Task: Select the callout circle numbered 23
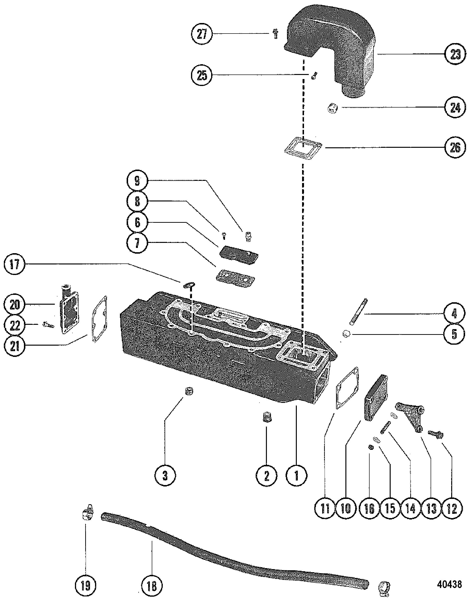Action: pyautogui.click(x=455, y=55)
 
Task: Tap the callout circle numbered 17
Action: pyautogui.click(x=15, y=265)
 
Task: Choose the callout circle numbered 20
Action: pyautogui.click(x=15, y=305)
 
